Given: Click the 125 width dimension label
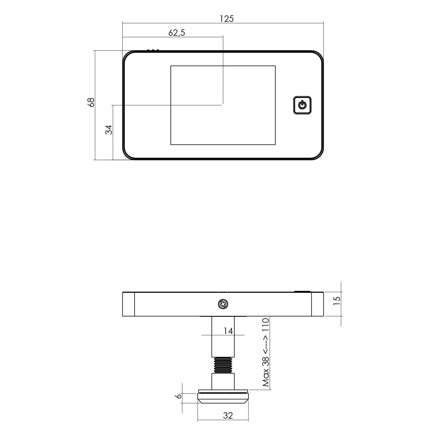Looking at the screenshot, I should coord(226,19).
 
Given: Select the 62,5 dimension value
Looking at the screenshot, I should coord(176,33).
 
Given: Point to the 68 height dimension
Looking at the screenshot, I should coord(91,102).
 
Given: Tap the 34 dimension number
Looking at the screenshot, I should coord(109,130).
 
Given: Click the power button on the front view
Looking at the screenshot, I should coord(302,105).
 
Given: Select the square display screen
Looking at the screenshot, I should coord(223,105).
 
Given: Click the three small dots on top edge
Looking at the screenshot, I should coord(153,50).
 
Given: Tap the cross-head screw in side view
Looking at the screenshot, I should coord(223,304).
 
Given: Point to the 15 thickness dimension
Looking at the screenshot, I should coord(337,300).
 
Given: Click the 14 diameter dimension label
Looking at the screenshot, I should coord(228,331).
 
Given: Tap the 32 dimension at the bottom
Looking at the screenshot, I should coord(228,416).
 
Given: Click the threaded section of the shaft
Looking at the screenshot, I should coord(223,365).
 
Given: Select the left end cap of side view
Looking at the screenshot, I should coord(128,304).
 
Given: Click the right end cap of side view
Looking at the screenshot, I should coord(317,304).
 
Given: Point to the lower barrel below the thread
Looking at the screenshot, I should coord(223,381).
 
